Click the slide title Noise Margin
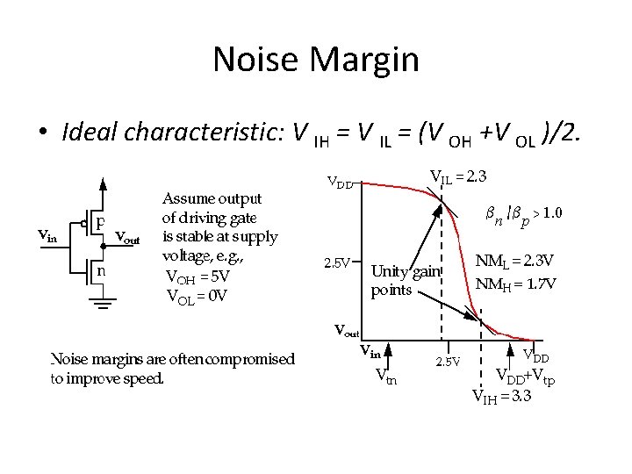pyautogui.click(x=315, y=60)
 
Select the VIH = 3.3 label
pyautogui.click(x=501, y=396)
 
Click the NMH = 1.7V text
pyautogui.click(x=515, y=284)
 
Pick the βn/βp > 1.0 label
pyautogui.click(x=525, y=215)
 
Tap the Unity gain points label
pyautogui.click(x=405, y=279)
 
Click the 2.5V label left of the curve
pyautogui.click(x=337, y=262)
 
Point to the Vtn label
pyautogui.click(x=385, y=379)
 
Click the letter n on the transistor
pyautogui.click(x=101, y=270)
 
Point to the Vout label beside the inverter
pyautogui.click(x=127, y=239)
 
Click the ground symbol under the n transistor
pyautogui.click(x=104, y=306)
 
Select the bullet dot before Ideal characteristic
pyautogui.click(x=41, y=133)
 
